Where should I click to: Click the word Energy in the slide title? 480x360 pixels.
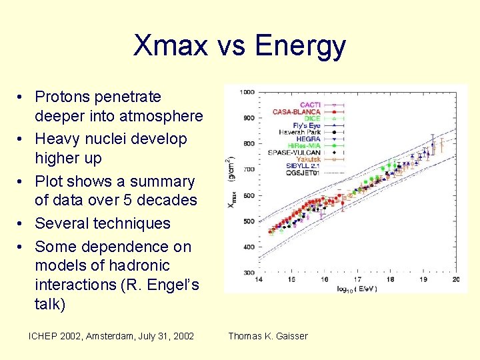pos(300,46)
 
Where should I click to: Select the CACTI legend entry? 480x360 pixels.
pos(309,105)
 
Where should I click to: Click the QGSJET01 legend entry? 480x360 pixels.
pos(303,172)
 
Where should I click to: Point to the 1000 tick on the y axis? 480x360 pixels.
pos(247,91)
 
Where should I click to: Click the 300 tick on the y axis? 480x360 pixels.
pos(249,273)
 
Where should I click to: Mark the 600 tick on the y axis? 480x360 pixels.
pos(249,195)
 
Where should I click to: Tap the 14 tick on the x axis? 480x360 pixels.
pos(259,281)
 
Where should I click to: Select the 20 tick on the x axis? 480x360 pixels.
pos(455,281)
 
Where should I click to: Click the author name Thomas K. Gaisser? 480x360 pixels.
pos(268,336)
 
